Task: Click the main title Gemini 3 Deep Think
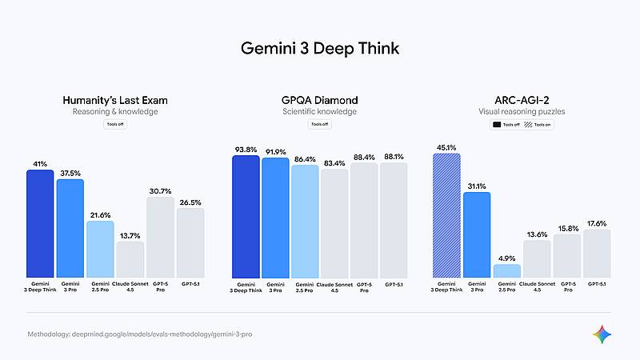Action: pos(319,48)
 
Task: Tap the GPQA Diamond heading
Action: pos(319,101)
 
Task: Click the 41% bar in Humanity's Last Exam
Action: pos(39,223)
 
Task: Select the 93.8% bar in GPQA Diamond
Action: pos(246,216)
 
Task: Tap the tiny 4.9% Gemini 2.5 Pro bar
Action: pos(506,270)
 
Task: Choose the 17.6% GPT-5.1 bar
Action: pos(597,254)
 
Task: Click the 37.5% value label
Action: pos(70,172)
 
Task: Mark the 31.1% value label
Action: pos(477,186)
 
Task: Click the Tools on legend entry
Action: pos(545,126)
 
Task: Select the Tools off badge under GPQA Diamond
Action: pos(319,125)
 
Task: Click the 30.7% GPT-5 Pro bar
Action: pos(160,237)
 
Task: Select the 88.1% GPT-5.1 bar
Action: pos(394,220)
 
